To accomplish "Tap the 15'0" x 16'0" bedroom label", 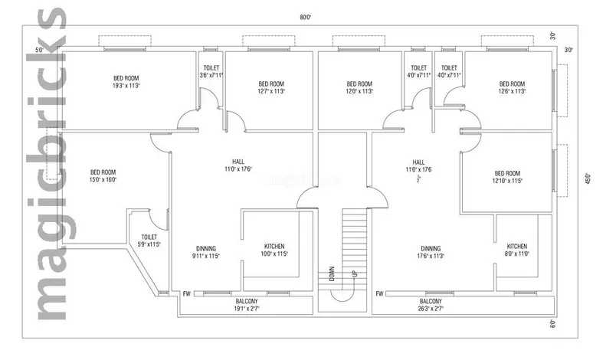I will [103, 176].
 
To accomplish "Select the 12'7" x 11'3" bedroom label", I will [271, 87].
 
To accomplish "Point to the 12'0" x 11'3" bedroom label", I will [359, 87].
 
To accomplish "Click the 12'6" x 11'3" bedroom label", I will [512, 87].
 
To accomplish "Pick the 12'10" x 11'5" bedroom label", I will [506, 177].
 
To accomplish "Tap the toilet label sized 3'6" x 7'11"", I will [211, 71].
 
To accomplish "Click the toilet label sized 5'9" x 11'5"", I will [149, 241].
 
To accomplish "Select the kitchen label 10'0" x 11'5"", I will [274, 250].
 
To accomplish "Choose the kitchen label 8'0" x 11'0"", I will [516, 250].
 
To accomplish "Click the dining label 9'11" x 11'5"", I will [205, 253].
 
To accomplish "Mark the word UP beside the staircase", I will [353, 273].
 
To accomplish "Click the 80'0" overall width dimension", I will [305, 17].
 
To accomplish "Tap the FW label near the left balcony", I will [186, 293].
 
